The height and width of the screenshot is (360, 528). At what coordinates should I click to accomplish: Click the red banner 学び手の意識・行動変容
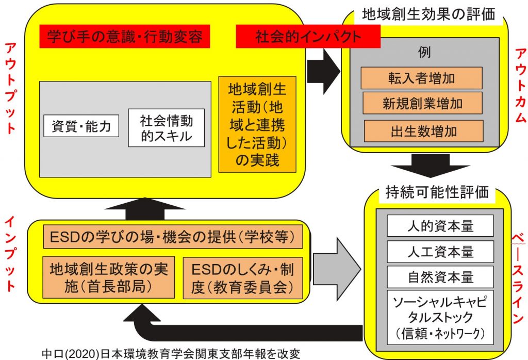(125, 37)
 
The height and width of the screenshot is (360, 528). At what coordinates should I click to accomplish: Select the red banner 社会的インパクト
(308, 37)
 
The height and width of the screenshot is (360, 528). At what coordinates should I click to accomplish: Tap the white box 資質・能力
(81, 126)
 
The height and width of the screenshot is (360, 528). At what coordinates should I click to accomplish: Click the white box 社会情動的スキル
(167, 128)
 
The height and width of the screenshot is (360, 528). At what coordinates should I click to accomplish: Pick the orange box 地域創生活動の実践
(257, 124)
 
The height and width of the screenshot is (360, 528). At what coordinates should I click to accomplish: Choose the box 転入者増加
(422, 78)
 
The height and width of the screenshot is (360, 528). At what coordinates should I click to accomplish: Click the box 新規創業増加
(423, 103)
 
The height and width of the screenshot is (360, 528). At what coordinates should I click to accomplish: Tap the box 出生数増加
(424, 131)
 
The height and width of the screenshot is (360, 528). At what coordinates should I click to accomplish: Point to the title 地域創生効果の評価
(428, 14)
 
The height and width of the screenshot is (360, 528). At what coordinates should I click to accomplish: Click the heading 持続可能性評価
(437, 192)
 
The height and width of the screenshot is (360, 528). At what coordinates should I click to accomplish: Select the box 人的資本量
(440, 226)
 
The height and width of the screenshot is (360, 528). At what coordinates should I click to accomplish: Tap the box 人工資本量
(440, 252)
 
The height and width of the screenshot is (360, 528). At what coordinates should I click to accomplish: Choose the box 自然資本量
(440, 277)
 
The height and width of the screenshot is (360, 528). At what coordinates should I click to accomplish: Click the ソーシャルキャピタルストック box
(440, 317)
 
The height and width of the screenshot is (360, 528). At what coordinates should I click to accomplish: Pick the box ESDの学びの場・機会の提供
(173, 237)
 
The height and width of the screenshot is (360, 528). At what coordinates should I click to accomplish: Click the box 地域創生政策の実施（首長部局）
(108, 277)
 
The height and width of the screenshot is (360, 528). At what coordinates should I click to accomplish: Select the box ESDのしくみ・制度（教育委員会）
(243, 278)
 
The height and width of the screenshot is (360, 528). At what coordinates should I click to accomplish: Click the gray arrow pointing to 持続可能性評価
(337, 269)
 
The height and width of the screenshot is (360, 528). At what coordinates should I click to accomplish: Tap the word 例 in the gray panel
(424, 52)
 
